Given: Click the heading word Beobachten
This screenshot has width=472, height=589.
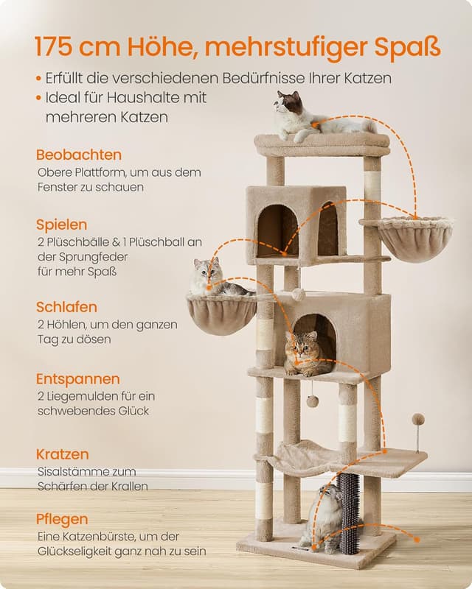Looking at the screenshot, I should tap(79, 155).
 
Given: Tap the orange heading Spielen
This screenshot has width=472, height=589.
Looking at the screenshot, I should tap(62, 225).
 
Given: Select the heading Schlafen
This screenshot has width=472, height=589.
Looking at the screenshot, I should tap(66, 307).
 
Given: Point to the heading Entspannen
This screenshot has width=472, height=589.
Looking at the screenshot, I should tap(78, 379).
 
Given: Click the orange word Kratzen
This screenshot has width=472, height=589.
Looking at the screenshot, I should tap(63, 454).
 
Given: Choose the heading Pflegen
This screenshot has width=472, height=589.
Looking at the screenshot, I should tap(63, 519).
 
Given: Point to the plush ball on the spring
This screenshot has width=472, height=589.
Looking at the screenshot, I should tap(418, 419).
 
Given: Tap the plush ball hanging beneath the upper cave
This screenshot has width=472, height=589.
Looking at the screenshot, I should tap(299, 294).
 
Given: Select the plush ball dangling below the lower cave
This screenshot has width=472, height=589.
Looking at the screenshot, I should tap(313, 401).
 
